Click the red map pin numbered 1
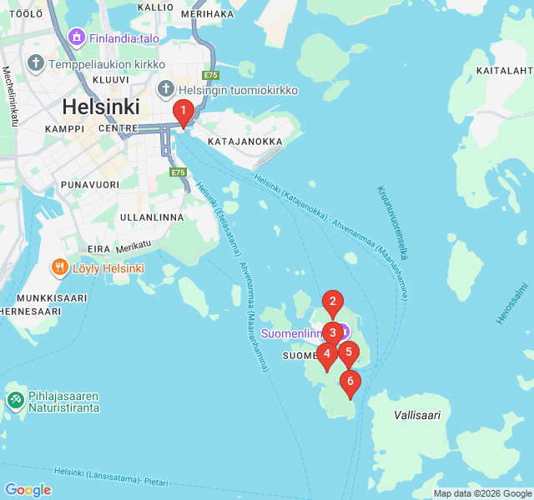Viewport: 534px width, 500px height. [x=183, y=112]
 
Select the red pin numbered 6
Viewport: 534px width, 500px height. [x=350, y=383]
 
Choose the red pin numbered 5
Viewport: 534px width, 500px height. [x=349, y=352]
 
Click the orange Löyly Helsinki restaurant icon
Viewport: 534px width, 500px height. [x=59, y=267]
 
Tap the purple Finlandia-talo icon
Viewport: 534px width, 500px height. [x=77, y=37]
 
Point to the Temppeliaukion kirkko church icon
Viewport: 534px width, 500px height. [x=35, y=63]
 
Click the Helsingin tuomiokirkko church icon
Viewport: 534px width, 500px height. [x=165, y=90]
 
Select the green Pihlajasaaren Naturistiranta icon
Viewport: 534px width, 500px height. [x=15, y=400]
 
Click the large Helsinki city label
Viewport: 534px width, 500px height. [x=100, y=107]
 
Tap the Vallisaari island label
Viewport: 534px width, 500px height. [x=416, y=414]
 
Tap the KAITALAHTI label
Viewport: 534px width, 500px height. [x=505, y=71]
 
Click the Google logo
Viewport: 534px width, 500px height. [x=28, y=490]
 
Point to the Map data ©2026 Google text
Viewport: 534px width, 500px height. [x=482, y=493]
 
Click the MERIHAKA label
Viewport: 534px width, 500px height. [x=206, y=13]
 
